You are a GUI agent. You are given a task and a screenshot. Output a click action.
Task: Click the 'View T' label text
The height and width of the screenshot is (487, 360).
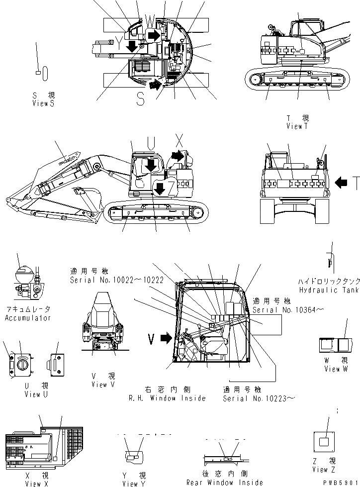tap(298, 126)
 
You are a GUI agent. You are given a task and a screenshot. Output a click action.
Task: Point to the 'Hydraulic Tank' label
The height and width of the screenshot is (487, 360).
tap(329, 290)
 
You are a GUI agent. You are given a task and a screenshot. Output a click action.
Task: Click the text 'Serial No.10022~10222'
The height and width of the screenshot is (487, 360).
tap(117, 280)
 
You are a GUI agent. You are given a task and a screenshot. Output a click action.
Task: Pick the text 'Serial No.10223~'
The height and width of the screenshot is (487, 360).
tap(255, 398)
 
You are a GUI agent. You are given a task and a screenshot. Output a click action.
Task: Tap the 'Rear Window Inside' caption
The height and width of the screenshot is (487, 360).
tap(224, 482)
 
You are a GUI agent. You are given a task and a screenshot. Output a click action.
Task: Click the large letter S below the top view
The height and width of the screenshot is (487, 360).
tap(141, 100)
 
